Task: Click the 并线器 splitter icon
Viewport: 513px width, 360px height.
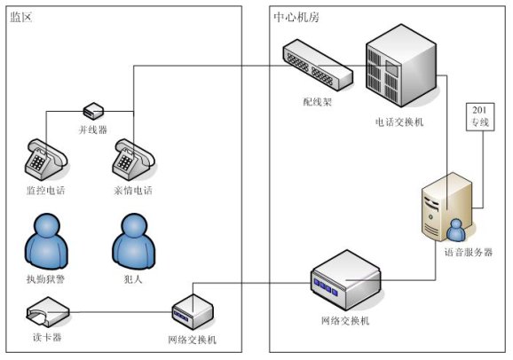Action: click(x=93, y=111)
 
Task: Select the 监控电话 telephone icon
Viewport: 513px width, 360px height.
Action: click(x=46, y=160)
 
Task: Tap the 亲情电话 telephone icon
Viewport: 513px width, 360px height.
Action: click(x=133, y=160)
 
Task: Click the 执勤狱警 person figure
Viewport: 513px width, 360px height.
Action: click(x=46, y=241)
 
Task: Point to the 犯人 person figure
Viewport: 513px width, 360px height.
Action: click(x=134, y=241)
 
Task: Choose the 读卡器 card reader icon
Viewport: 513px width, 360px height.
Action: click(x=48, y=312)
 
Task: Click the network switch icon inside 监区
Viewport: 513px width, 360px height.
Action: click(x=193, y=311)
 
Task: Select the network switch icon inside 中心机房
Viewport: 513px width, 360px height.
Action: click(x=345, y=280)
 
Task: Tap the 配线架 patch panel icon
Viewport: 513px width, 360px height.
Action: click(x=318, y=65)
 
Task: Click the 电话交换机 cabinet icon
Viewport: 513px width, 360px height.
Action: click(x=401, y=66)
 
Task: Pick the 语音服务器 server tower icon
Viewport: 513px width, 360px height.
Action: click(x=447, y=207)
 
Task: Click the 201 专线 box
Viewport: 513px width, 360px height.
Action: click(x=480, y=117)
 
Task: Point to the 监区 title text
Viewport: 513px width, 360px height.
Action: click(x=21, y=17)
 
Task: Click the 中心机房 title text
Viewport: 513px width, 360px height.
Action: click(x=296, y=17)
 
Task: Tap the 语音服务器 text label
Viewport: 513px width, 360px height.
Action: click(x=469, y=252)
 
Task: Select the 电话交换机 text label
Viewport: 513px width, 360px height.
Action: click(x=399, y=122)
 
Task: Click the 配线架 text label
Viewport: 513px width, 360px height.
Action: click(x=318, y=102)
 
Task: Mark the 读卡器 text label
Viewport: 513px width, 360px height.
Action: click(x=47, y=337)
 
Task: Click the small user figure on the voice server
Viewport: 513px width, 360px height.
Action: click(x=456, y=230)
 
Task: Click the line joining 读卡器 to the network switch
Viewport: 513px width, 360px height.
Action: click(x=121, y=312)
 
